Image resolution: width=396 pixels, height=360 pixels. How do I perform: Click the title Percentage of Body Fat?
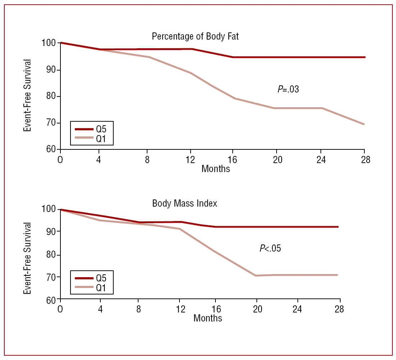(195, 37)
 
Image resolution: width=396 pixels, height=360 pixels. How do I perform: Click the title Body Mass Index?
(185, 203)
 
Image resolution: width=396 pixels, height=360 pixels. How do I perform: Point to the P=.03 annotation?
(288, 90)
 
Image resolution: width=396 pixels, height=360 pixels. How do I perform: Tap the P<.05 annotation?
(270, 248)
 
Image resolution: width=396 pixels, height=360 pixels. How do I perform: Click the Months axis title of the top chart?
(215, 168)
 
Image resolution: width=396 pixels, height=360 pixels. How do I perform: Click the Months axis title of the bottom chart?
(208, 318)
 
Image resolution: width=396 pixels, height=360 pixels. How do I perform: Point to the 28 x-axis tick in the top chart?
(365, 160)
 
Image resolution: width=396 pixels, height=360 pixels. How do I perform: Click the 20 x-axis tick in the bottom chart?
(258, 310)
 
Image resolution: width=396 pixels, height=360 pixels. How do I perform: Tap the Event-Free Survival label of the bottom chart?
(28, 258)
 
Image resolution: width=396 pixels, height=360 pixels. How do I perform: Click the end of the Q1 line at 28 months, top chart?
(364, 124)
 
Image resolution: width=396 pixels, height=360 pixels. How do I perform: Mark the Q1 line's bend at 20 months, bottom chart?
(256, 275)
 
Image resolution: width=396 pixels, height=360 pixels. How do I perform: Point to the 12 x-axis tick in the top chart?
(191, 160)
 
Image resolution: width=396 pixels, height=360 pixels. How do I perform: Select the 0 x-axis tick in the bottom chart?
(60, 310)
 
